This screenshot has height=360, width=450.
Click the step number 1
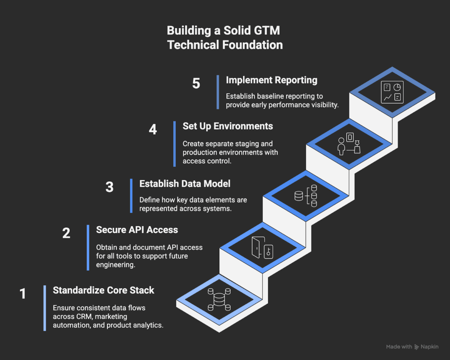click(23, 293)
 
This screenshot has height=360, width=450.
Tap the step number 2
click(66, 233)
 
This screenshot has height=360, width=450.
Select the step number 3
click(109, 187)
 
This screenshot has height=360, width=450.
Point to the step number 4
click(152, 130)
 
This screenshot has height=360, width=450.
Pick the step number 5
click(196, 83)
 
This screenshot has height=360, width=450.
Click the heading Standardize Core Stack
click(103, 290)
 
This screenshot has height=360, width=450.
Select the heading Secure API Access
click(137, 230)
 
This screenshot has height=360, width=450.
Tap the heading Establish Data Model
click(185, 184)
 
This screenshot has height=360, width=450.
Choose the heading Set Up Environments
click(228, 126)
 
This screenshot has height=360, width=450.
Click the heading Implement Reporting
click(271, 80)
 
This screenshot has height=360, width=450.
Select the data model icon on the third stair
click(305, 196)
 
